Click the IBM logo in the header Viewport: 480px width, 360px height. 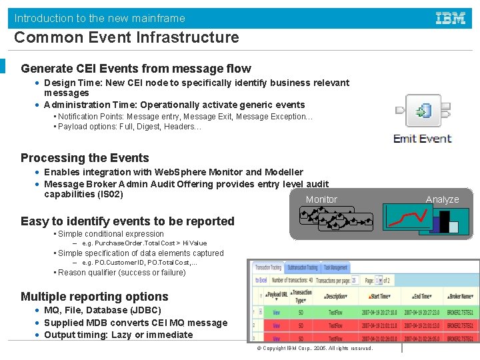pyautogui.click(x=451, y=18)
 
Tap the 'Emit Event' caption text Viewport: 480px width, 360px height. pyautogui.click(x=422, y=139)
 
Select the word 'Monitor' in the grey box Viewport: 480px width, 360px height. pyautogui.click(x=321, y=199)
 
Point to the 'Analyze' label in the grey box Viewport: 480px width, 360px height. pyautogui.click(x=443, y=199)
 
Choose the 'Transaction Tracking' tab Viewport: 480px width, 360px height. pyautogui.click(x=267, y=267)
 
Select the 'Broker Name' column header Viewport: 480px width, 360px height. pyautogui.click(x=460, y=297)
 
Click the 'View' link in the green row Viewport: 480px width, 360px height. pyautogui.click(x=275, y=312)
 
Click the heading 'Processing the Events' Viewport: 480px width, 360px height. pyautogui.click(x=85, y=158)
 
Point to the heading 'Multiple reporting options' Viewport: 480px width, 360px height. pyautogui.click(x=94, y=297)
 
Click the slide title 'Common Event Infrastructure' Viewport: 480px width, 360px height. pyautogui.click(x=126, y=37)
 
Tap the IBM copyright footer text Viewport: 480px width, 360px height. pyautogui.click(x=313, y=349)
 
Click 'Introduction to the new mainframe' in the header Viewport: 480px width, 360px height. pyautogui.click(x=99, y=18)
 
